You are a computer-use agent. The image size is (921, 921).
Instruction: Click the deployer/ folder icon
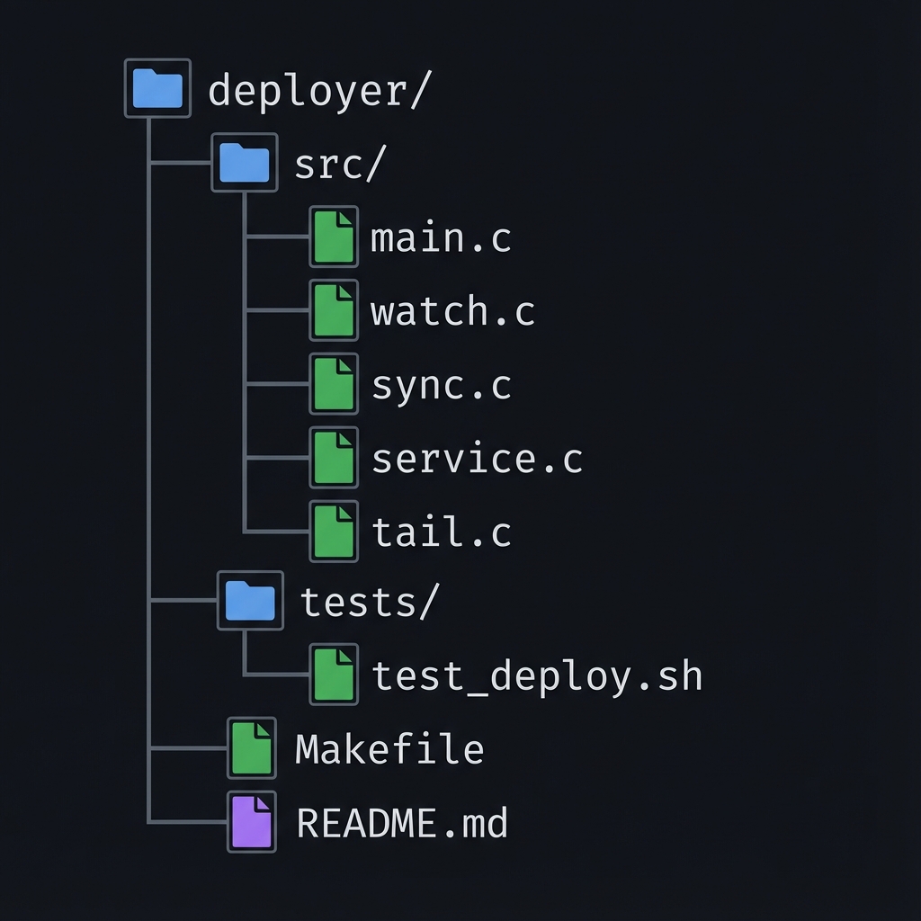(x=157, y=88)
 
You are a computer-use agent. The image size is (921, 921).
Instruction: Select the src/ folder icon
(x=244, y=163)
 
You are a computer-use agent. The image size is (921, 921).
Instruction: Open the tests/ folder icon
(x=250, y=600)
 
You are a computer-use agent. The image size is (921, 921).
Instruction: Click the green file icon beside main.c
(x=334, y=237)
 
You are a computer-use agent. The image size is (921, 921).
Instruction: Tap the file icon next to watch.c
(x=334, y=310)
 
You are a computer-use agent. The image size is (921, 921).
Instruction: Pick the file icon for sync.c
(x=334, y=384)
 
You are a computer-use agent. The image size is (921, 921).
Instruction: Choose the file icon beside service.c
(x=334, y=458)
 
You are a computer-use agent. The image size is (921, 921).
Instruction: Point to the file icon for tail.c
(x=334, y=532)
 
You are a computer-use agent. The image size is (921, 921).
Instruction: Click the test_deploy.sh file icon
(x=334, y=674)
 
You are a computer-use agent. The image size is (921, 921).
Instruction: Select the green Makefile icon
(x=251, y=747)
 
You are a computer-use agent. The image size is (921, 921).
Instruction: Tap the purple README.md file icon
(x=251, y=821)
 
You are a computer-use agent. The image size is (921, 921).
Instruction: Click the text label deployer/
(x=320, y=92)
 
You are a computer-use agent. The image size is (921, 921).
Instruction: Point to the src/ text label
(x=340, y=165)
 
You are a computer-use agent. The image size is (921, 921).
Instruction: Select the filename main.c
(x=441, y=238)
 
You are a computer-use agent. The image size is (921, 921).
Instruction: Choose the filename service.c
(x=477, y=459)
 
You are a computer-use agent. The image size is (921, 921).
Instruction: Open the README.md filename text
(x=402, y=823)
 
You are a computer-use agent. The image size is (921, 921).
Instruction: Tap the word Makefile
(x=389, y=749)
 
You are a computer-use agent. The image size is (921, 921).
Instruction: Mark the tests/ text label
(x=369, y=602)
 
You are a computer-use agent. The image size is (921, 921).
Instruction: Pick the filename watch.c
(x=452, y=312)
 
